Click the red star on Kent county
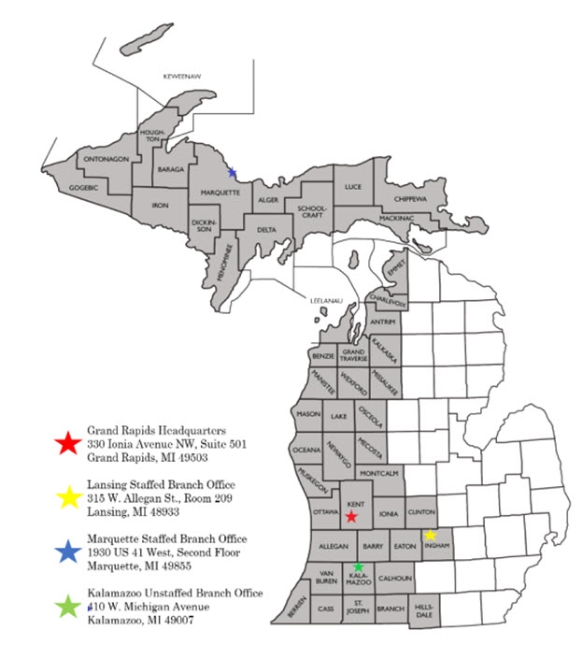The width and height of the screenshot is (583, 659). coord(350,516)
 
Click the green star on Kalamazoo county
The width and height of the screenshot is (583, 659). coord(358,566)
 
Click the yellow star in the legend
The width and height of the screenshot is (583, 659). coord(67,497)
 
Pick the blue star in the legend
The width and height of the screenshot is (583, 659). coord(67,552)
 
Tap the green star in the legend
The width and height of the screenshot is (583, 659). coord(67,607)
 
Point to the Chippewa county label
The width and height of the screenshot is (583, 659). coord(410,199)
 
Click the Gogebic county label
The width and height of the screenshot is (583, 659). coord(83,187)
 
